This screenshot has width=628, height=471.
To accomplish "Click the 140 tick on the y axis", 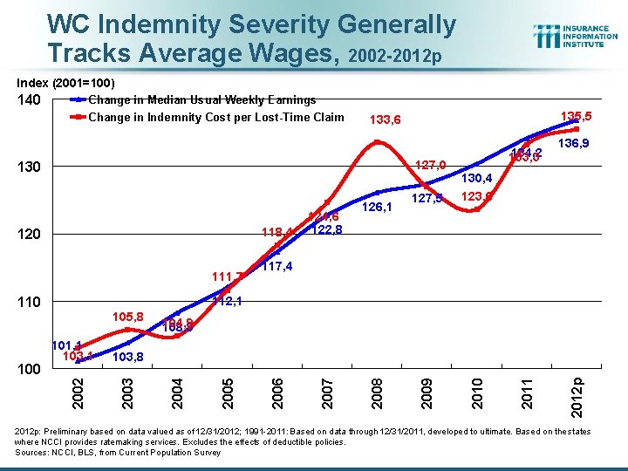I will click(x=29, y=100).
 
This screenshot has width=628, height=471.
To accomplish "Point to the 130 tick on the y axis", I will click(x=29, y=167).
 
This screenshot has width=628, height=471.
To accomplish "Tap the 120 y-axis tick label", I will click(x=29, y=235).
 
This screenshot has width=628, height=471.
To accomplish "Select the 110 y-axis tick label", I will click(x=29, y=302).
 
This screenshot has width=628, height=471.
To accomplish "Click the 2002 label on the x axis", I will click(x=78, y=388).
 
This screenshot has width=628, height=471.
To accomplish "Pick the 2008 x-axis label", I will click(x=375, y=388).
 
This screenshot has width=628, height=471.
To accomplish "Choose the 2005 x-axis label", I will click(x=227, y=388).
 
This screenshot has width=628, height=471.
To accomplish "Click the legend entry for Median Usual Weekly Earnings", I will click(x=201, y=100).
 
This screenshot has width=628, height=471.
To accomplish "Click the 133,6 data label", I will click(x=386, y=120).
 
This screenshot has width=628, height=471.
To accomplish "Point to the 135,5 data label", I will click(x=577, y=116).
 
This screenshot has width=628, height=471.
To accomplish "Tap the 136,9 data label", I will click(x=574, y=143).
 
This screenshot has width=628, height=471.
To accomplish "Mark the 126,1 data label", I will click(x=378, y=208).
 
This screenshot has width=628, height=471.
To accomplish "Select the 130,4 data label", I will click(x=477, y=179).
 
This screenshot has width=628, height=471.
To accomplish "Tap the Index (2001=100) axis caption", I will click(x=66, y=83).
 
